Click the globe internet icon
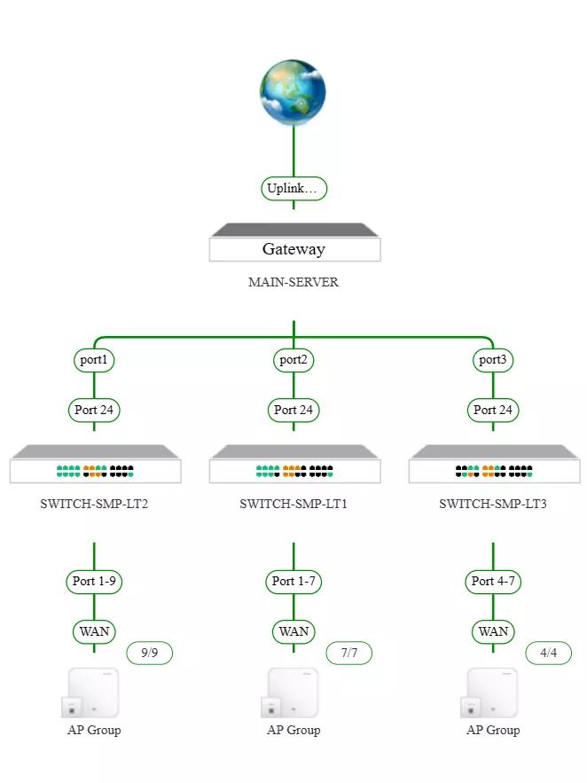tap(293, 93)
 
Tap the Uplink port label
tap(293, 188)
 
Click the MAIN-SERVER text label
tap(293, 283)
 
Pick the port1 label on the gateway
tap(94, 360)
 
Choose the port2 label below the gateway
tap(293, 360)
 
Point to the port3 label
tap(493, 360)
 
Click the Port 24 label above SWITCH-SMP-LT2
tap(94, 410)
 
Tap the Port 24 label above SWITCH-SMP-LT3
tap(493, 410)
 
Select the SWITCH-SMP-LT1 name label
tap(293, 505)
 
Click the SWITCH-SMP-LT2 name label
tap(94, 505)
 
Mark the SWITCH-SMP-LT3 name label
tap(493, 505)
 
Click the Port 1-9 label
tap(94, 582)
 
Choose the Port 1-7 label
tap(293, 582)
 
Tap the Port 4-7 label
tap(493, 582)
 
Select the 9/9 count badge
tap(149, 654)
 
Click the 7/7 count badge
tap(348, 654)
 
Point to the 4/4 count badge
tap(548, 654)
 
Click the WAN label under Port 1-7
tap(293, 631)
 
